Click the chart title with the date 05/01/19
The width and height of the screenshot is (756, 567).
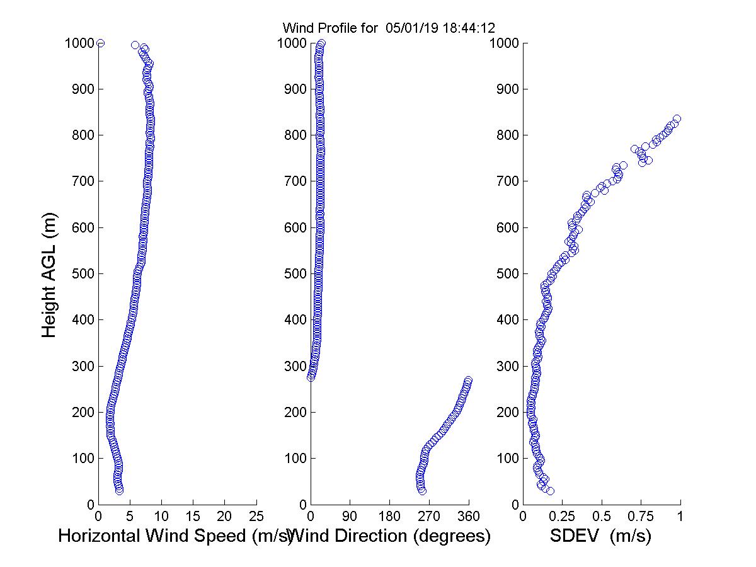pyautogui.click(x=388, y=28)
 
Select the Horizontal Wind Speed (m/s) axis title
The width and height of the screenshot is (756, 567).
pyautogui.click(x=175, y=536)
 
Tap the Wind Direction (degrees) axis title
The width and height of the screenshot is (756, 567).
pyautogui.click(x=391, y=536)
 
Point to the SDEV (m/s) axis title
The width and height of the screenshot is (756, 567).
pyautogui.click(x=600, y=536)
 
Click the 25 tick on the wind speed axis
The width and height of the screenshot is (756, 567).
pyautogui.click(x=256, y=517)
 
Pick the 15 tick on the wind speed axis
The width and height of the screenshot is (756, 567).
pyautogui.click(x=193, y=517)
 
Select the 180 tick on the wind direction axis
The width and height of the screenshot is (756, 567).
pyautogui.click(x=389, y=517)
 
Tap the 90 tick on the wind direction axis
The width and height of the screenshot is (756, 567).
pyautogui.click(x=350, y=517)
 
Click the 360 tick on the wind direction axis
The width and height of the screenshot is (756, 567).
pyautogui.click(x=468, y=517)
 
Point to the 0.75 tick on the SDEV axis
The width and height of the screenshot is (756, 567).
pyautogui.click(x=641, y=517)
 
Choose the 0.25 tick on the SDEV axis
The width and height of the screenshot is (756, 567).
pyautogui.click(x=562, y=517)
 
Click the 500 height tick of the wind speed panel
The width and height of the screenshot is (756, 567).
pyautogui.click(x=83, y=274)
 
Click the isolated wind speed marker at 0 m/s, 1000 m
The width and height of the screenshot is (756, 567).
pyautogui.click(x=100, y=43)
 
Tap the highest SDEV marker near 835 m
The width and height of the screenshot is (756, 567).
pyautogui.click(x=677, y=119)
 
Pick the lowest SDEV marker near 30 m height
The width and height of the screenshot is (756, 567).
pyautogui.click(x=550, y=490)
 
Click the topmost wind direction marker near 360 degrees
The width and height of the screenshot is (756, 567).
pyautogui.click(x=468, y=381)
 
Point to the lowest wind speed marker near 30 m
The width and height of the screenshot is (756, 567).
pyautogui.click(x=119, y=490)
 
